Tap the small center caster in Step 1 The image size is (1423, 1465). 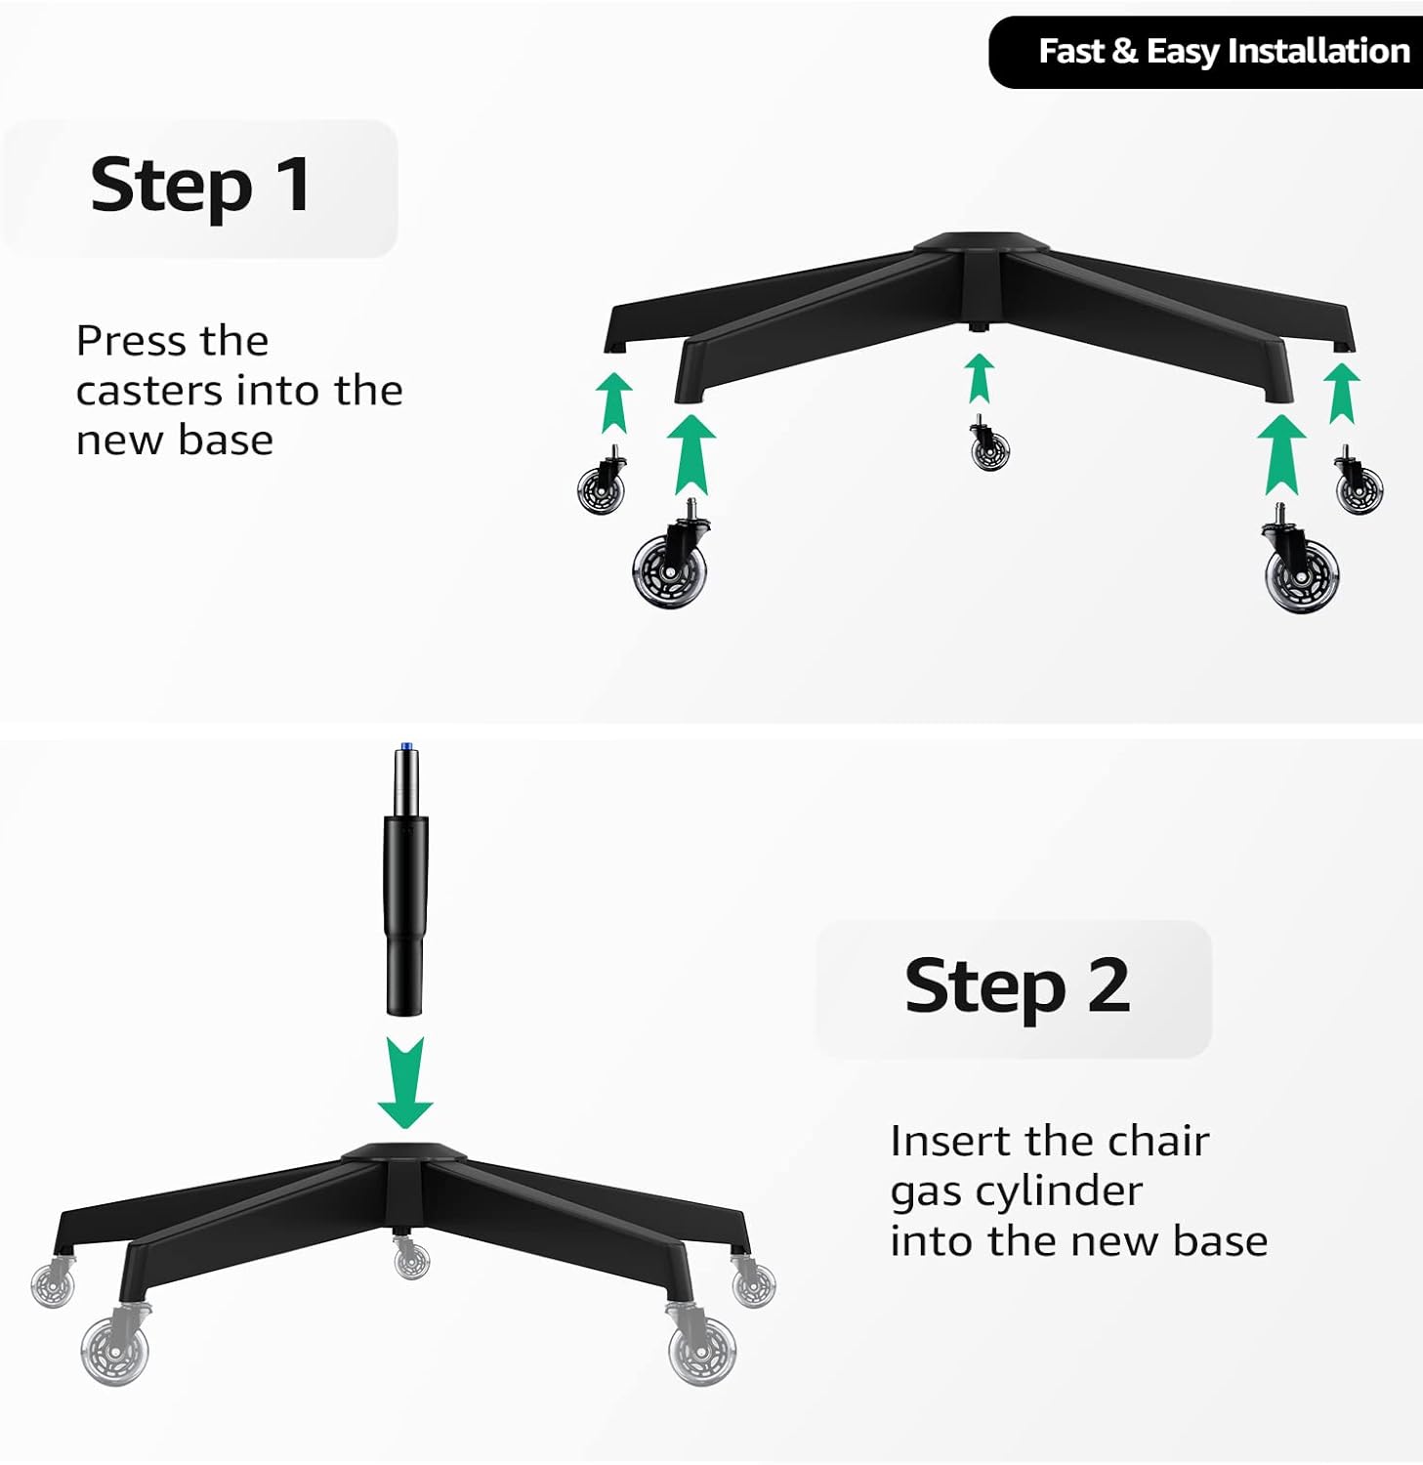pos(988,447)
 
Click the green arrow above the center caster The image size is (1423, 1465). pos(980,379)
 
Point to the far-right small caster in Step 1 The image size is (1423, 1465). pos(1358,485)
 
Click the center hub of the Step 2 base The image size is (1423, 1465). pos(404,1161)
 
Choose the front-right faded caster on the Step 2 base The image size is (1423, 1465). pos(701,1348)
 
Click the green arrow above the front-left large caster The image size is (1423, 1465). pos(691,455)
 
